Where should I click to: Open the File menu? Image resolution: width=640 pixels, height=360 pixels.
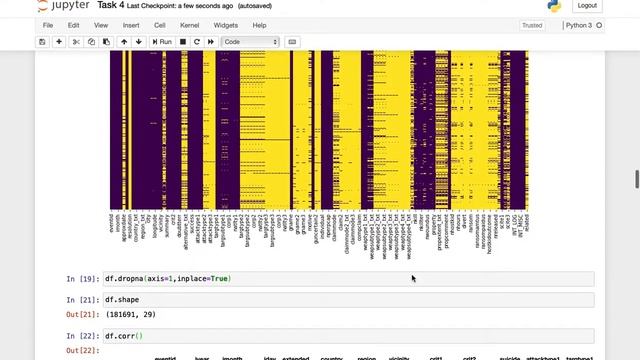tap(48, 25)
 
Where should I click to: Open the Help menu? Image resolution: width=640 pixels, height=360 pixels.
tap(260, 25)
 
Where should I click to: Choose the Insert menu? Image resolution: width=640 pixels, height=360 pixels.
tap(131, 25)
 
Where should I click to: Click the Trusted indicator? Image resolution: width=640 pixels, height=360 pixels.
tap(532, 25)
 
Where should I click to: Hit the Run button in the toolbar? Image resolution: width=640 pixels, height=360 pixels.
tap(161, 42)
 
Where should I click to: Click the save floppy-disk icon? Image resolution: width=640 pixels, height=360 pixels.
tap(42, 42)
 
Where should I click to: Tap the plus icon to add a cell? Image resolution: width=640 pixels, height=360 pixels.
tap(59, 42)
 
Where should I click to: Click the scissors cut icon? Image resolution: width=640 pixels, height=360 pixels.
tap(77, 42)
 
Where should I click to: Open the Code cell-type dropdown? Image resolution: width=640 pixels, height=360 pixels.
tap(250, 42)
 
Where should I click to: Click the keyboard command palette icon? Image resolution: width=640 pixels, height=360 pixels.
tap(292, 42)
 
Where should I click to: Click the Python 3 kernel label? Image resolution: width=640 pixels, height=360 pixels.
tap(577, 25)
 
